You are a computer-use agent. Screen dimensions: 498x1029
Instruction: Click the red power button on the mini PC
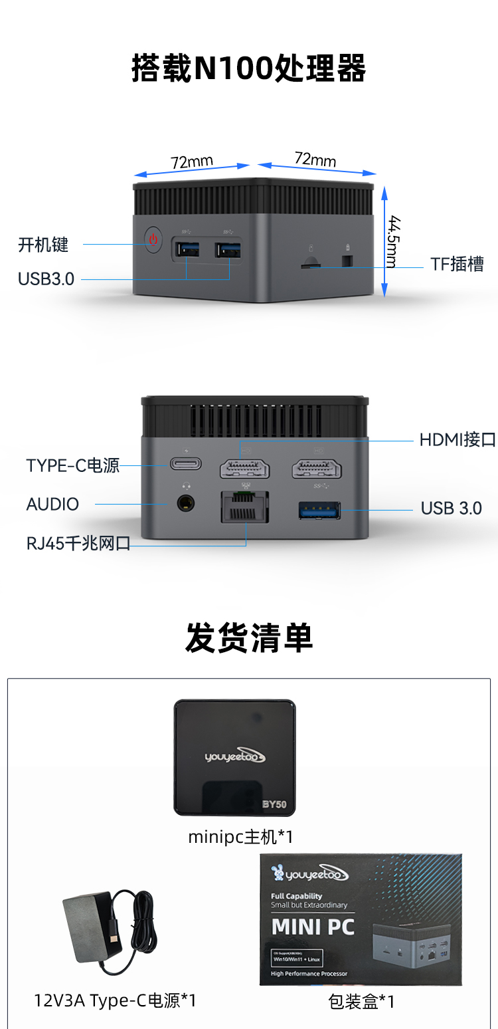coord(153,239)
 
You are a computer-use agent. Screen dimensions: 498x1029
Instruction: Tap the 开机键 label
coord(43,245)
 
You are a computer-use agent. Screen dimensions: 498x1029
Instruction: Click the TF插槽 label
coord(457,264)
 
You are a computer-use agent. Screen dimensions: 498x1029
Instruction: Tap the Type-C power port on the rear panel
coord(186,463)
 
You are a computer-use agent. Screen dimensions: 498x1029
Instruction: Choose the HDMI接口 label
coord(457,439)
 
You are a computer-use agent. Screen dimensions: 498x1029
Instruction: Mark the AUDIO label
coord(52,504)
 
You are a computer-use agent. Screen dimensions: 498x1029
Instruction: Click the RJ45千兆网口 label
coord(78,544)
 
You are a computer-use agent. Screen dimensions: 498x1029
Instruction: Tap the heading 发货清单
coord(249,638)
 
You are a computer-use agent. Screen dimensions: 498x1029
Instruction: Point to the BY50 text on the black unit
coord(274,804)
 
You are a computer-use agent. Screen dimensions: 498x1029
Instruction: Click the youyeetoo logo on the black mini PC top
coord(235,756)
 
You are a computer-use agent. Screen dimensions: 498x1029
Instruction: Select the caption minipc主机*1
coord(240,837)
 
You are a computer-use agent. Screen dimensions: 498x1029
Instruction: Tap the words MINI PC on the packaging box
coord(313,927)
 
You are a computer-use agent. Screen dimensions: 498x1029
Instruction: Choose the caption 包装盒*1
coord(361,1001)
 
